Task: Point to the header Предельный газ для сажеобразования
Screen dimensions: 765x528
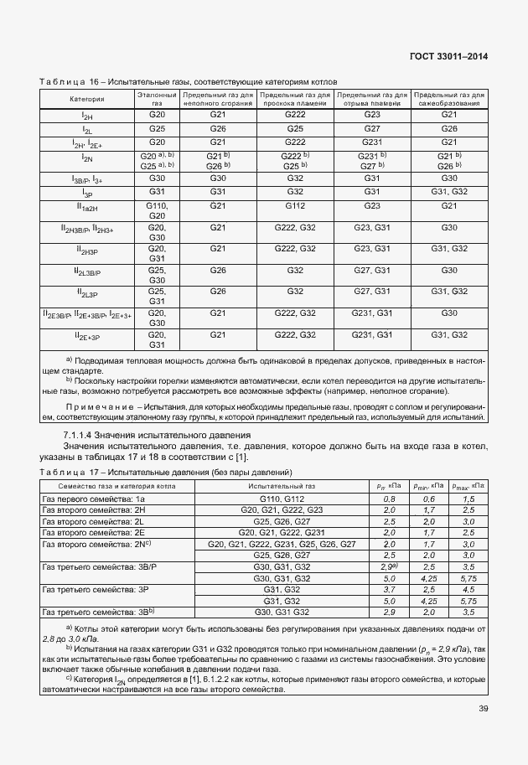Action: (x=449, y=99)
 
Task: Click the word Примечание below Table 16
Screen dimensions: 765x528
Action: (x=98, y=406)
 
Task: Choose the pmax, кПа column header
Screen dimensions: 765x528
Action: (x=468, y=486)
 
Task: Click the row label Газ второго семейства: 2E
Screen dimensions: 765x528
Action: (x=94, y=532)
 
